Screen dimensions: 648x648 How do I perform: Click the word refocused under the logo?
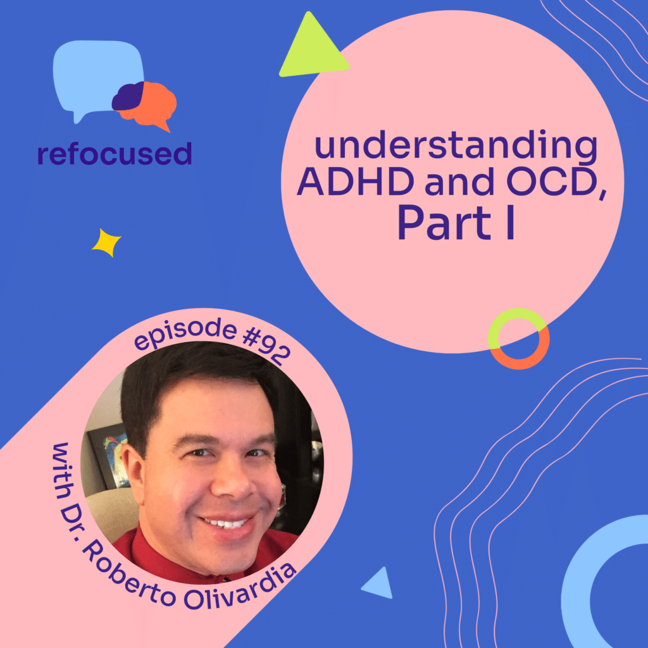point(114,153)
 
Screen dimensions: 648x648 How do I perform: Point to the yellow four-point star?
point(106,242)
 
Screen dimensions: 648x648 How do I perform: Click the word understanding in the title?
point(456,147)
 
